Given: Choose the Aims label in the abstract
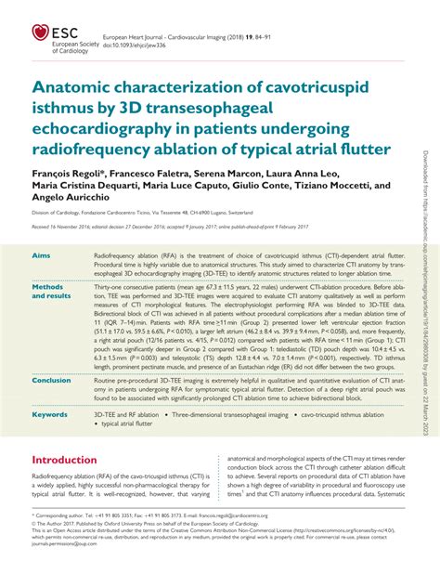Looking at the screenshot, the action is (x=44, y=254).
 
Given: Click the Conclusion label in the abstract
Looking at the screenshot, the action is (x=53, y=380).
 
